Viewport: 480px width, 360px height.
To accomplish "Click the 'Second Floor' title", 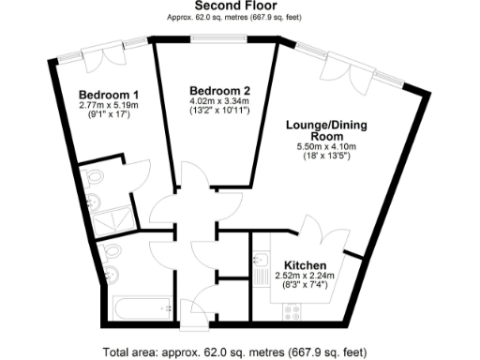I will (x=239, y=7).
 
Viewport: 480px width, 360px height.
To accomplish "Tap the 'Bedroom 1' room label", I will (x=109, y=95).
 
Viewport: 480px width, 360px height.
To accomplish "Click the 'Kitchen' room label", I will (x=305, y=263).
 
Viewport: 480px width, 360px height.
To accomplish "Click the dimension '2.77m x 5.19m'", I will (x=109, y=107).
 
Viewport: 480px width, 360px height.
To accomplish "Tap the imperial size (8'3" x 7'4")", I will (x=305, y=285).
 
